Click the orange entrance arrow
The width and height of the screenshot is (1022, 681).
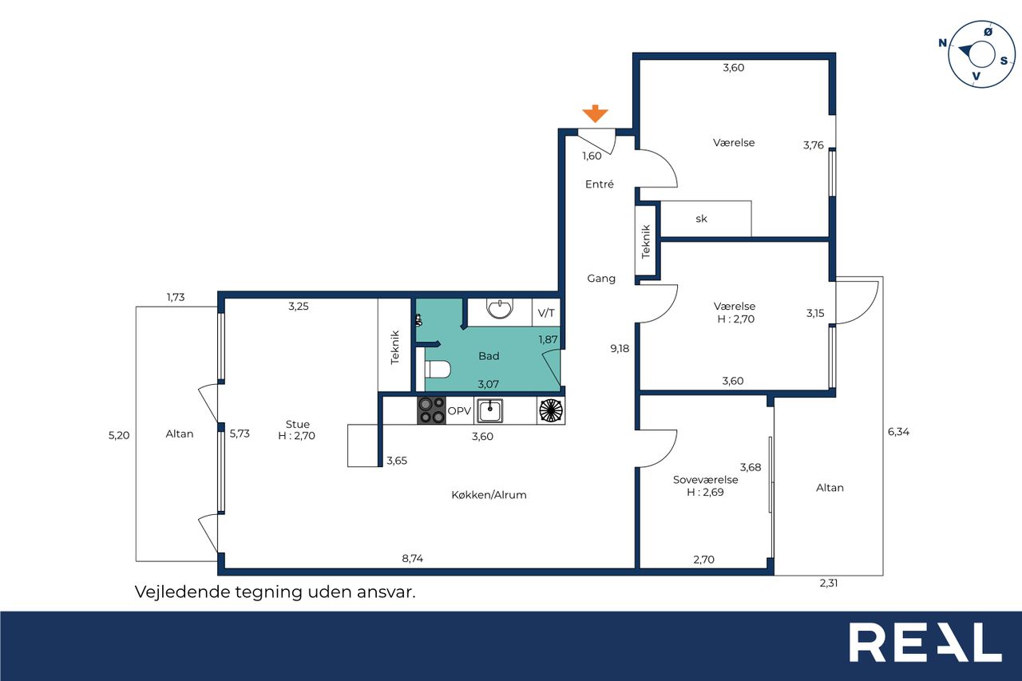[x=595, y=113]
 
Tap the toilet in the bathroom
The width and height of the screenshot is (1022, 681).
[x=438, y=370]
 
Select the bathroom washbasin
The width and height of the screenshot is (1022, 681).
[x=500, y=308]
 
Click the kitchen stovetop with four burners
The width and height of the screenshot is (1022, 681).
[x=431, y=410]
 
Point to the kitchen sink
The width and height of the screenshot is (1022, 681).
[x=489, y=410]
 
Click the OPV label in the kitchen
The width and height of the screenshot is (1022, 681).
[x=459, y=411]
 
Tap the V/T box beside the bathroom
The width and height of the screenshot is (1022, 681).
[x=546, y=312]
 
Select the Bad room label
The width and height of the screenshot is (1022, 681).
[x=489, y=356]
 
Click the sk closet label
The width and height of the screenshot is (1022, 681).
[x=701, y=219]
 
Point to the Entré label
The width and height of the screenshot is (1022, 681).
[x=600, y=184]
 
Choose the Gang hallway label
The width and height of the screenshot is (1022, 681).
[x=601, y=279]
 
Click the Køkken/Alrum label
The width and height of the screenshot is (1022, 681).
[x=489, y=495]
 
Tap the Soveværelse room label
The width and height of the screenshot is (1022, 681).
[x=705, y=480]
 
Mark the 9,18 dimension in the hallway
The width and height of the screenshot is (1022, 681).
[x=620, y=348]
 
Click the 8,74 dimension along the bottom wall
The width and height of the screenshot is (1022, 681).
[x=413, y=558]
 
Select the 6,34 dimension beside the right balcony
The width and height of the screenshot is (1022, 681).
[x=898, y=431]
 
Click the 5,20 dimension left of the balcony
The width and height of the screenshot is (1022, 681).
[x=119, y=435]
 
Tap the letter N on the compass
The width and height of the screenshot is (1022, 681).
[x=943, y=43]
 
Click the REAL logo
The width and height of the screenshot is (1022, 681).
[x=925, y=643]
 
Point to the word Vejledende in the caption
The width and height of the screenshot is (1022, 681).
[x=181, y=592]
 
